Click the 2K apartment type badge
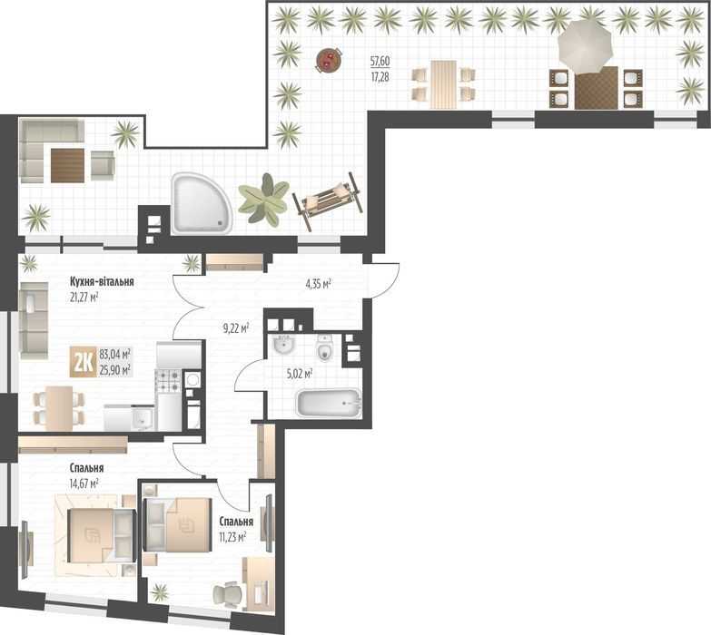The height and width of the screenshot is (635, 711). pyautogui.click(x=83, y=362)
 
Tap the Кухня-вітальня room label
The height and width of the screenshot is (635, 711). pyautogui.click(x=102, y=282)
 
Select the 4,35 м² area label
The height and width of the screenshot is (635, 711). pyautogui.click(x=318, y=285)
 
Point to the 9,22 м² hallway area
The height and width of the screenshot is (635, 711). pyautogui.click(x=236, y=328)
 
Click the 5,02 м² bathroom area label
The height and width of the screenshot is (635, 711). pyautogui.click(x=300, y=374)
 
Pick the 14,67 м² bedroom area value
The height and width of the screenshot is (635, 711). pyautogui.click(x=84, y=484)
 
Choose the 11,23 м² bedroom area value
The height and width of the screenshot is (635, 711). pyautogui.click(x=232, y=537)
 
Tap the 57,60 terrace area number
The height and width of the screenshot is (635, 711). pyautogui.click(x=380, y=61)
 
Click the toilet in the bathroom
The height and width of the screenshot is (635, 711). pyautogui.click(x=324, y=347)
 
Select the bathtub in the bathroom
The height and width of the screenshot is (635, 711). pyautogui.click(x=329, y=403)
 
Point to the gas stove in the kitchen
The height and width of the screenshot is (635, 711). pyautogui.click(x=168, y=381)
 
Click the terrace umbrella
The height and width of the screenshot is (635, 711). pyautogui.click(x=586, y=44)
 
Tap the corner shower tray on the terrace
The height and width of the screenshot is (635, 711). pyautogui.click(x=201, y=204)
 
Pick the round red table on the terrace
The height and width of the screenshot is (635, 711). pyautogui.click(x=329, y=60)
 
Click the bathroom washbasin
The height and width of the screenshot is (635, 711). pyautogui.click(x=284, y=346)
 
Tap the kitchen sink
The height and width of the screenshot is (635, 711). pyautogui.click(x=143, y=419)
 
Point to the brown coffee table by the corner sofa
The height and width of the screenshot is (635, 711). pyautogui.click(x=67, y=165)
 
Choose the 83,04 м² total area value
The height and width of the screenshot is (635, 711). pyautogui.click(x=115, y=353)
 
